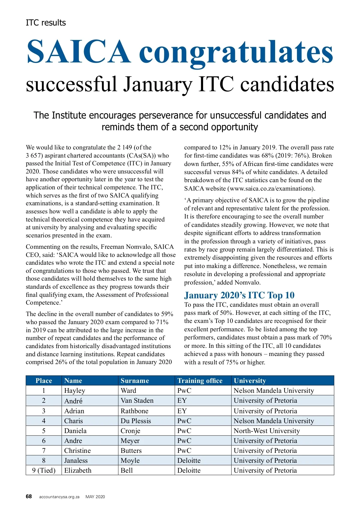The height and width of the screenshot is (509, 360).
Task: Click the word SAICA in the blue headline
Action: click(79, 52)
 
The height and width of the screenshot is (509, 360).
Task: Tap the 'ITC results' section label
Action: click(46, 23)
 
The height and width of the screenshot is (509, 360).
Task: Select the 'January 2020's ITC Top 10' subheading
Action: click(239, 295)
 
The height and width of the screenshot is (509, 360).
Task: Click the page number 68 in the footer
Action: click(29, 496)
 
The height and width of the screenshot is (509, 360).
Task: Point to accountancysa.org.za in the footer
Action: click(59, 497)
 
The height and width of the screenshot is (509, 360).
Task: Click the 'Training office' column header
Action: click(200, 381)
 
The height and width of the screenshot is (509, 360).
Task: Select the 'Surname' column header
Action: click(135, 381)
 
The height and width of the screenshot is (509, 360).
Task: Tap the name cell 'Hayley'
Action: click(75, 390)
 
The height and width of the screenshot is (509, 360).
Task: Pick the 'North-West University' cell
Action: click(267, 431)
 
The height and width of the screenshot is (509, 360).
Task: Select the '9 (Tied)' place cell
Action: click(44, 470)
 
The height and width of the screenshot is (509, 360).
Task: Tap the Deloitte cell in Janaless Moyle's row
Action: click(189, 460)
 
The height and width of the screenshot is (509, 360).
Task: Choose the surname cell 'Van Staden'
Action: click(137, 401)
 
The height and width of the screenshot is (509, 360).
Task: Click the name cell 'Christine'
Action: click(77, 450)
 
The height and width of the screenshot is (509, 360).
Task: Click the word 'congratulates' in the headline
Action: click(236, 52)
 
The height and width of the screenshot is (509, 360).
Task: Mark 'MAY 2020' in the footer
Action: click(95, 497)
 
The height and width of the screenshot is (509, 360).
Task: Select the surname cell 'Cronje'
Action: click(130, 431)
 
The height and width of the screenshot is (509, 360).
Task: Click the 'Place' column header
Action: click(44, 381)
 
